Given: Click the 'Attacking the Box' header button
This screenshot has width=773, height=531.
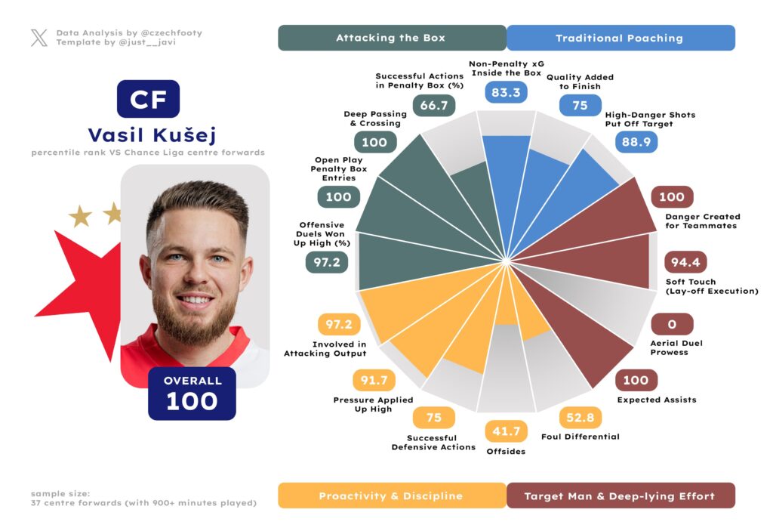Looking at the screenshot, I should tap(391, 38).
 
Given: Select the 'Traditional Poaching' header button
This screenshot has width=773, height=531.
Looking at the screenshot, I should tap(619, 38).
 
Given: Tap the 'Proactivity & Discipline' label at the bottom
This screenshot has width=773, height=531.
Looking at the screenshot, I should tap(391, 496).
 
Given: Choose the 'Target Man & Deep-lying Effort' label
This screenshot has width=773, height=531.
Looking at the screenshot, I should tap(619, 496).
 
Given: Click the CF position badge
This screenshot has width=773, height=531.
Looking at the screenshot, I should tap(148, 100).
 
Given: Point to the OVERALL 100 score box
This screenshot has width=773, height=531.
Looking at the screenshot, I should tap(192, 394).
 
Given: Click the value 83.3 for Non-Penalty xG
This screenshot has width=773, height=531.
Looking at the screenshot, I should tap(506, 93).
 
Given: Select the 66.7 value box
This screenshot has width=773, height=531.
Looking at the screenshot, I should tap(434, 105).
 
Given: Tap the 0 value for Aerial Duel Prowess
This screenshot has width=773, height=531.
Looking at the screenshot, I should tap(670, 325).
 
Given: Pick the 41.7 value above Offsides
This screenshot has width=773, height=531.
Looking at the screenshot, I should tap(506, 431).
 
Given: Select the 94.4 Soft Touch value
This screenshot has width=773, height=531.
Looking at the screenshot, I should tap(685, 262).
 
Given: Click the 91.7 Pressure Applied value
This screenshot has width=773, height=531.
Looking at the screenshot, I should tap(374, 381).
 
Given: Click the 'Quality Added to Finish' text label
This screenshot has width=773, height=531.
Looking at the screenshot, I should tap(580, 82).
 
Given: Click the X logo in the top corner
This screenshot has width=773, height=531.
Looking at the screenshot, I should tap(39, 38).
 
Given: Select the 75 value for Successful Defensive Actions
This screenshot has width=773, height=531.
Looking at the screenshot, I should tap(434, 418).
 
